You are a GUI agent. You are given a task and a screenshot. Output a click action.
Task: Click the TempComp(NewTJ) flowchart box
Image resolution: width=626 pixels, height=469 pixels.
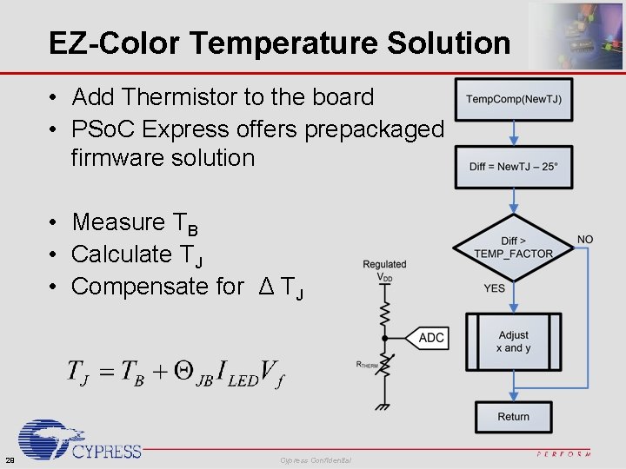coord(513,99)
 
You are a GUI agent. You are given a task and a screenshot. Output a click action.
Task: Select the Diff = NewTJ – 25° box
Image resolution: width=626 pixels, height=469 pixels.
coord(513,167)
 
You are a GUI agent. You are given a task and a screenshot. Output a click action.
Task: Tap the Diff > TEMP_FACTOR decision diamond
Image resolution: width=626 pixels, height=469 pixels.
coord(513,248)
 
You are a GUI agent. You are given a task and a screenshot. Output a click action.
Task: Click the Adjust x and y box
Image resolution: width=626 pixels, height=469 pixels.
coord(513,341)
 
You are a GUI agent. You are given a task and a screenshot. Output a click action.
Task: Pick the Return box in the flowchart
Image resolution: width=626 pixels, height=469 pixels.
coord(513,417)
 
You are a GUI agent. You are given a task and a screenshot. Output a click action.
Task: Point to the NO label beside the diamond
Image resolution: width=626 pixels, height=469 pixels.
coord(585,240)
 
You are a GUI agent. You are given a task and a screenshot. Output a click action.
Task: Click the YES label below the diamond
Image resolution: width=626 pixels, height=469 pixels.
coord(494,288)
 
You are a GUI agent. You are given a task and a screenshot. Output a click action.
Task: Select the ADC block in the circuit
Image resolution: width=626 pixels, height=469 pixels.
coord(431,338)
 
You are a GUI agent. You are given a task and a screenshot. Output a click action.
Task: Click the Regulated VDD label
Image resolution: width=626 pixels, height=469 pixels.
coord(384,270)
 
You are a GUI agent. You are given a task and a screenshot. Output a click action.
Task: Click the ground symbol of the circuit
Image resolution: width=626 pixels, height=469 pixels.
coord(383,406)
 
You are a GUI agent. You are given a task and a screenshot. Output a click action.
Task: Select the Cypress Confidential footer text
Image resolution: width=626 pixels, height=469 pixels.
coord(316,459)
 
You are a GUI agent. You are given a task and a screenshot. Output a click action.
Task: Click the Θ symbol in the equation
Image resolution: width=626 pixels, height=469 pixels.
coord(183,371)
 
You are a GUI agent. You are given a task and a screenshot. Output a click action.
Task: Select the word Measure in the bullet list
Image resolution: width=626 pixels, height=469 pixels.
coord(117,222)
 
